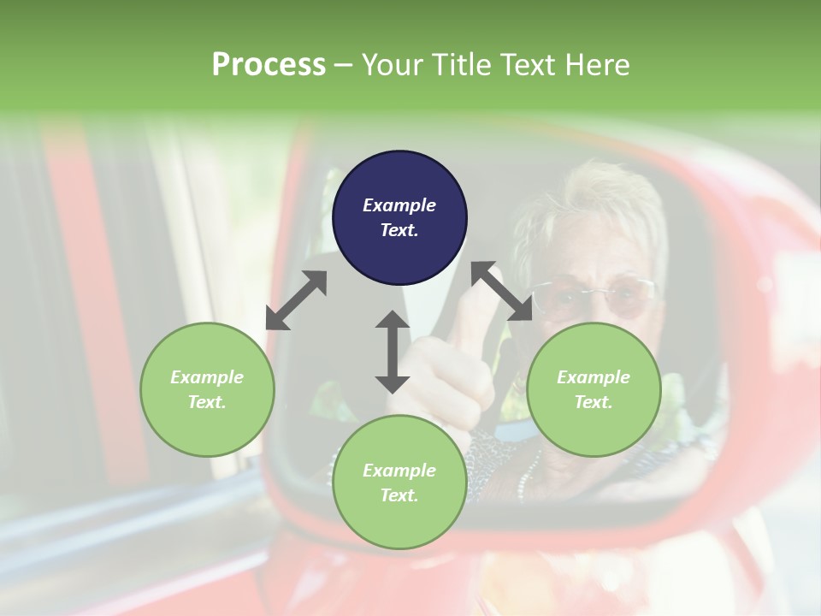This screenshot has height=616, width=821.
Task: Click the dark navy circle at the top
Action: [399, 218]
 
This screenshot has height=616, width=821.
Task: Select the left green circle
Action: [207, 389]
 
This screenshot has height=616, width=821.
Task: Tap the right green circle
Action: [594, 389]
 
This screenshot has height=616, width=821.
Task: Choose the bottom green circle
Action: [399, 483]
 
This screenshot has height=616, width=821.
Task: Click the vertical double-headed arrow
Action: [393, 352]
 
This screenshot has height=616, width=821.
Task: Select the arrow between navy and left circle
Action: [297, 300]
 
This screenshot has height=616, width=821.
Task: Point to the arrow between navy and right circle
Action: [501, 292]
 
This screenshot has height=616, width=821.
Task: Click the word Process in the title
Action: [269, 64]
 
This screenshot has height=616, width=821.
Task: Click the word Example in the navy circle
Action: [399, 205]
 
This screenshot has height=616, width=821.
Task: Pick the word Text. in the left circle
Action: [207, 402]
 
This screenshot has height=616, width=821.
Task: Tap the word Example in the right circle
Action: [594, 377]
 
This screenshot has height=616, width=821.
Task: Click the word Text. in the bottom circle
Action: [399, 495]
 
